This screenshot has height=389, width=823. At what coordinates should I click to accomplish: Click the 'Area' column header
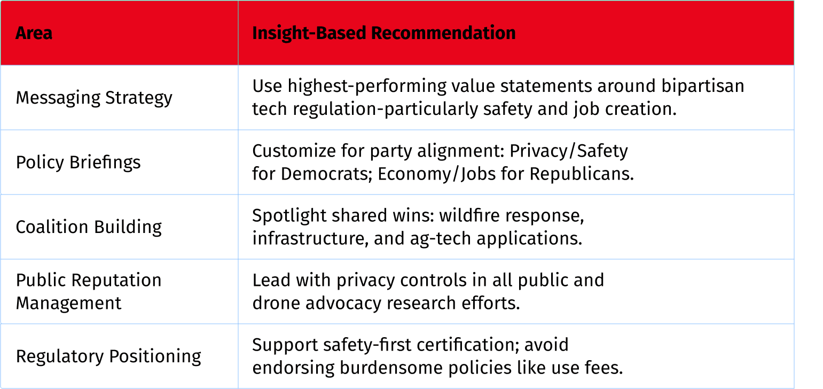coord(34,33)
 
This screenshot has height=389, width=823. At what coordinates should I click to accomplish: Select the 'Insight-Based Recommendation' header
coord(383,33)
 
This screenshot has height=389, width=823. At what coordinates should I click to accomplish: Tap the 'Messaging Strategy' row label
coord(94,98)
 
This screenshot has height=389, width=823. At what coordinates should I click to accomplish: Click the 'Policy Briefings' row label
coord(79,162)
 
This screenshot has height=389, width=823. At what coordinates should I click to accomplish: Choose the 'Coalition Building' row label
coord(89,227)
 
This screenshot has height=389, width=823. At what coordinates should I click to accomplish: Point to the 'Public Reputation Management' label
coord(89,292)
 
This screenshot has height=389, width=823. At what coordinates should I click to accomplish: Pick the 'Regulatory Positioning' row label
coord(108,356)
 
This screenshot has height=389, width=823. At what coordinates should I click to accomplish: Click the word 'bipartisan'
coord(702,87)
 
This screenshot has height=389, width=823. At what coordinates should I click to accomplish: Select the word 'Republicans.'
coord(582,174)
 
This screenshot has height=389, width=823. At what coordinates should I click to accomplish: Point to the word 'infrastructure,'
coord(310,239)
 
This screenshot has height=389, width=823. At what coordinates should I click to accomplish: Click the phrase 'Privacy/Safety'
coord(569,151)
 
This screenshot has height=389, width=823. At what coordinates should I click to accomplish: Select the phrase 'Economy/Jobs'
coord(436,174)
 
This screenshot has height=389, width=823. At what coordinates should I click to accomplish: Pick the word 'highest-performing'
coord(367,87)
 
